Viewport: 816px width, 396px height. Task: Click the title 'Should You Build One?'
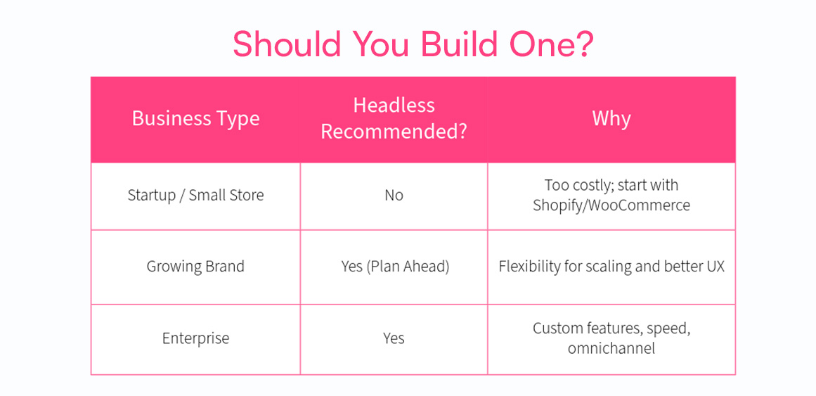click(413, 44)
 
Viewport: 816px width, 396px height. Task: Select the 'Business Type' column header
click(195, 119)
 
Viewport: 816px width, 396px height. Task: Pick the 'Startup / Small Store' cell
click(195, 196)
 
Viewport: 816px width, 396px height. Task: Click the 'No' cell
click(394, 196)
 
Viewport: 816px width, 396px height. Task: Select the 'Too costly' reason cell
click(611, 196)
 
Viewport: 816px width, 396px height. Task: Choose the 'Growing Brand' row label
click(195, 267)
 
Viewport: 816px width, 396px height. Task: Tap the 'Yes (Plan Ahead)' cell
click(394, 267)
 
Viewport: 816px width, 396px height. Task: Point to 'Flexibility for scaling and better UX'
click(611, 267)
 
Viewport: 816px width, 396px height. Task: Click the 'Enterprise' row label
click(195, 339)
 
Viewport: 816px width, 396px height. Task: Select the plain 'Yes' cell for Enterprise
click(394, 339)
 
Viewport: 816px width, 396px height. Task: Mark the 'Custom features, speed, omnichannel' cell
click(611, 339)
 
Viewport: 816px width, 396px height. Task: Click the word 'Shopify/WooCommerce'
click(611, 205)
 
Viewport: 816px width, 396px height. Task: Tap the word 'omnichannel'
click(611, 348)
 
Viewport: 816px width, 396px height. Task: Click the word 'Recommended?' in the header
click(394, 132)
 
